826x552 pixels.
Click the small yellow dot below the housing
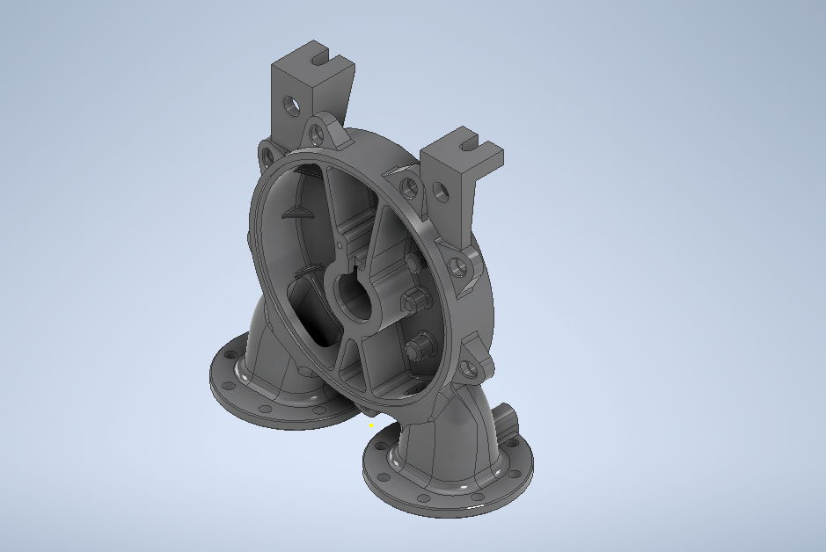pos(371,425)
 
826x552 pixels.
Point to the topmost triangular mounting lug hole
pos(316,134)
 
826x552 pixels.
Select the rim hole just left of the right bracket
pos(407,186)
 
